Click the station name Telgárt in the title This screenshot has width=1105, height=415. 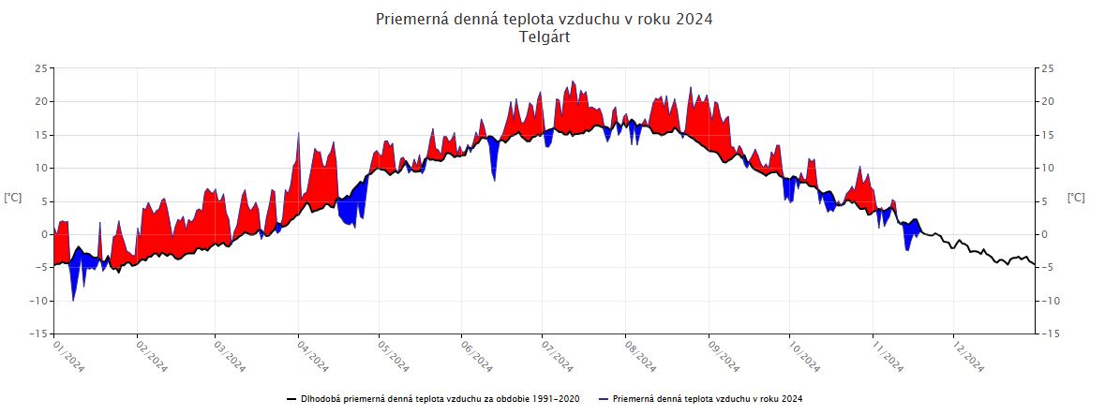[x=544, y=37]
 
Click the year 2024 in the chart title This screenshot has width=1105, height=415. [x=692, y=19]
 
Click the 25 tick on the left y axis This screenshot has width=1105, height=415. [x=40, y=68]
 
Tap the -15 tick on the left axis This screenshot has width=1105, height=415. [x=38, y=333]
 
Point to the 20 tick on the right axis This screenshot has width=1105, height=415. [x=1047, y=101]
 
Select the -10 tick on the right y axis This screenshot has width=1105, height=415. [x=1049, y=301]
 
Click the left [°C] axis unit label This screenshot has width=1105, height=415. [x=13, y=198]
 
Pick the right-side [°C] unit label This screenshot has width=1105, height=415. [x=1076, y=198]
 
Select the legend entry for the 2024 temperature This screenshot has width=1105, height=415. [x=708, y=399]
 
